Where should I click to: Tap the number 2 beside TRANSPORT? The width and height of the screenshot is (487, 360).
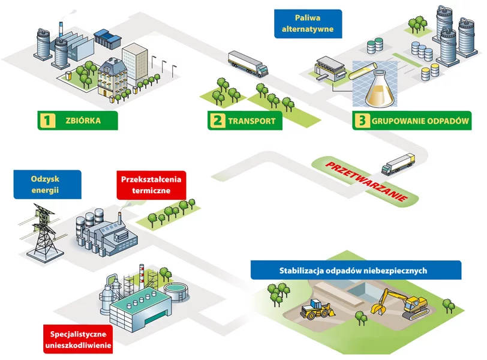pyautogui.click(x=217, y=121)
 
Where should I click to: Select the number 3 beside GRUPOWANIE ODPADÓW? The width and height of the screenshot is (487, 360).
pyautogui.click(x=361, y=121)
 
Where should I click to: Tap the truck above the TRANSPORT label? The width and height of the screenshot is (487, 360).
pyautogui.click(x=247, y=64)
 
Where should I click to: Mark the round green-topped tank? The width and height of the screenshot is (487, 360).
pyautogui.click(x=176, y=292)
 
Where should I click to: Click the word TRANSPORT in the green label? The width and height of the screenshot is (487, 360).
pyautogui.click(x=251, y=121)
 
